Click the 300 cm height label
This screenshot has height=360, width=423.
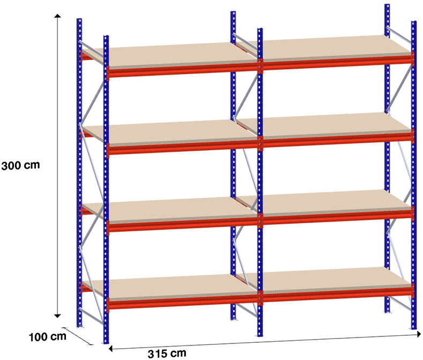20,165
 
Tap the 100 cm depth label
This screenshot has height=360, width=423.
48,337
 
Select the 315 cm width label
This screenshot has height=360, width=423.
167,353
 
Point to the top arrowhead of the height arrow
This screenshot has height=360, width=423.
57,16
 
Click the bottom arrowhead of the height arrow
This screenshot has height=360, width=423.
57,316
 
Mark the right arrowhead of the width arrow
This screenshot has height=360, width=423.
419,334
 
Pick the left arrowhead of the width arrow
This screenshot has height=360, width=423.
110,349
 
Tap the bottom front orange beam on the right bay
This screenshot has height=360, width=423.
337,295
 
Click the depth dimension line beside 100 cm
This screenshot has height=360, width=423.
78,336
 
